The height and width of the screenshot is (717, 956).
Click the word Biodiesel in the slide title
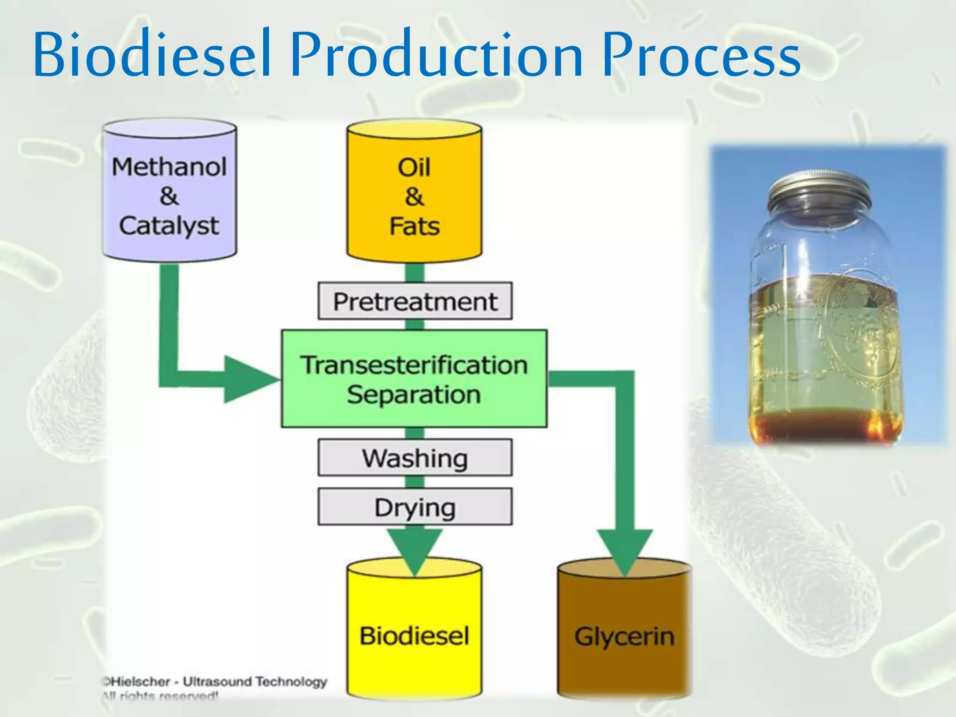click(152, 54)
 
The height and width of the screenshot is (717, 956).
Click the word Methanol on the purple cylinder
click(169, 167)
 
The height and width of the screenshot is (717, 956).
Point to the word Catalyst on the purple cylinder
click(169, 226)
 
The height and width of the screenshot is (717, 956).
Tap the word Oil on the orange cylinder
click(414, 167)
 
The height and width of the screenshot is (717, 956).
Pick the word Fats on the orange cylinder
click(415, 226)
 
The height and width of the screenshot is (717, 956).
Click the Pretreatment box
click(415, 301)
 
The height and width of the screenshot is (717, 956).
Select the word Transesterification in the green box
click(414, 365)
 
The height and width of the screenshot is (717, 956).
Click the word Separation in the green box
click(414, 395)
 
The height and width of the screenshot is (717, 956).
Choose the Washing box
click(415, 458)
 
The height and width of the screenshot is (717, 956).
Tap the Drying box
click(415, 507)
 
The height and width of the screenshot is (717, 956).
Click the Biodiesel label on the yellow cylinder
click(414, 636)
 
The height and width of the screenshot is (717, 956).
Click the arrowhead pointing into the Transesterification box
click(250, 379)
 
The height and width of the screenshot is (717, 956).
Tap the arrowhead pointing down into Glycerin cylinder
click(625, 551)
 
